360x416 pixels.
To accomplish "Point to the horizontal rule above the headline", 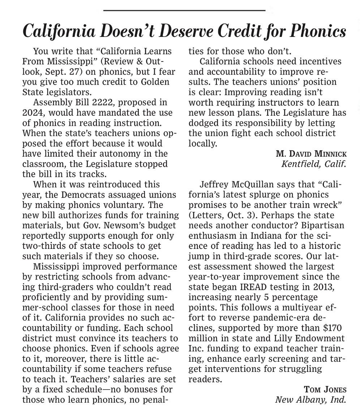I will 184,10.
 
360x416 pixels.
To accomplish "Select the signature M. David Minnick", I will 311,154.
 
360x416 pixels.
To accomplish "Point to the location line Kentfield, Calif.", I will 314,164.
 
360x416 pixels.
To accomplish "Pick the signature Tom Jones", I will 325,390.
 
